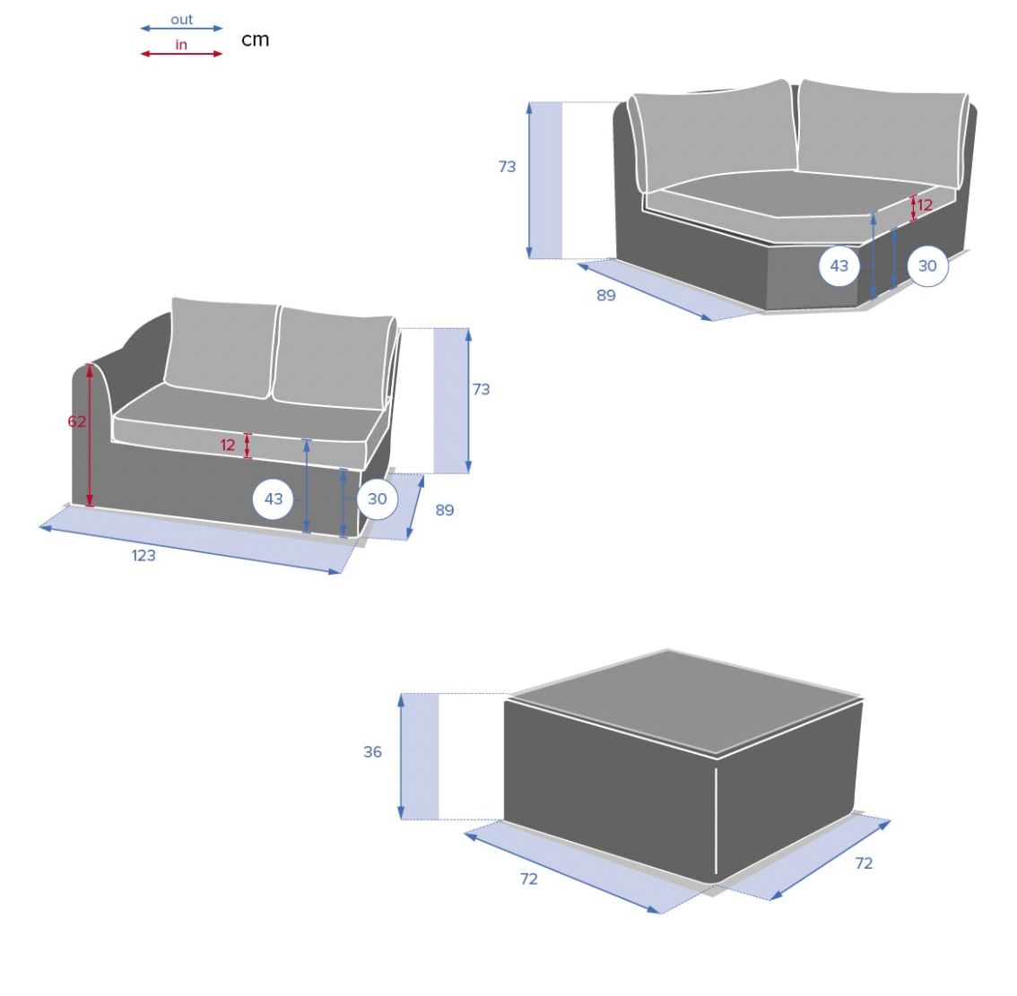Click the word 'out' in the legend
pos(181,20)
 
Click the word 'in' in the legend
pos(181,45)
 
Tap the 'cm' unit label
pos(255,39)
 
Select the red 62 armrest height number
pos(76,421)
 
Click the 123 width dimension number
pos(143,556)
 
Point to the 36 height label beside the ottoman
pos(372,752)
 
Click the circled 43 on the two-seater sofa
pos(273,498)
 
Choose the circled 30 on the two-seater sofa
pos(377,498)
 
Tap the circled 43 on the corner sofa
pos(839,266)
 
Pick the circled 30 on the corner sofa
pos(927,266)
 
